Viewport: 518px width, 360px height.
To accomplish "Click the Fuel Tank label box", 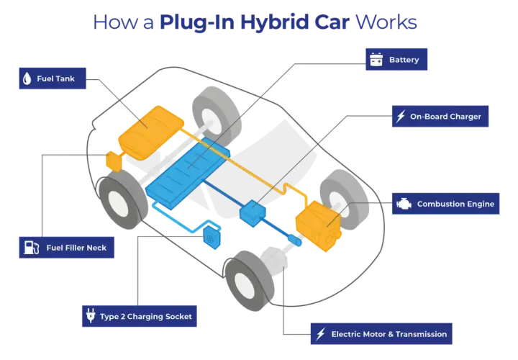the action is coord(53,78).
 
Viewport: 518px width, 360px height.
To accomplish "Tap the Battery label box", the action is coord(396,60).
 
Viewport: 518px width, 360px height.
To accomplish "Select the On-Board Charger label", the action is coord(440,117).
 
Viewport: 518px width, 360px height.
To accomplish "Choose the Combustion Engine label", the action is coord(445,204).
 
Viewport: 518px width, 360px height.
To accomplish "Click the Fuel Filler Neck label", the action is coord(67,248).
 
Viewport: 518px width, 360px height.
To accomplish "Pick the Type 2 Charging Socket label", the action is coord(140,316).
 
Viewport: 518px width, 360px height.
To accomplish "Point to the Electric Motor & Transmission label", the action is coord(381,334).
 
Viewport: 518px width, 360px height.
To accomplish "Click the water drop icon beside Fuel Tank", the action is coord(27,78).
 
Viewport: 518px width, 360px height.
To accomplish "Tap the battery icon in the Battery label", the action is coord(376,60).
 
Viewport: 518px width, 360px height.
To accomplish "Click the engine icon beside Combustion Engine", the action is coord(404,204).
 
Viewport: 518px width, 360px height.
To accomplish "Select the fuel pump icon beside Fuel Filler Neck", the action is coord(32,248).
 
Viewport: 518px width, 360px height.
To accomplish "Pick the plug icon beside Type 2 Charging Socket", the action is coord(91,315).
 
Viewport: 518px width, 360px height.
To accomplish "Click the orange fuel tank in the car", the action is coord(151,132).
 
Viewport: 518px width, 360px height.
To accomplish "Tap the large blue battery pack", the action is coord(188,173).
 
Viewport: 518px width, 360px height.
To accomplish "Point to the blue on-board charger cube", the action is coord(253,213).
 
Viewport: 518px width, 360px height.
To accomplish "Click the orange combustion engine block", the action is coord(318,226).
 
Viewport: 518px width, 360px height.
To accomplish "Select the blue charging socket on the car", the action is coord(212,238).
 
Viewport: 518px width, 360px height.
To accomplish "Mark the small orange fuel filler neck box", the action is coord(114,161).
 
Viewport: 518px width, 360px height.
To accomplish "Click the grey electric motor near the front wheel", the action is coord(274,258).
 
